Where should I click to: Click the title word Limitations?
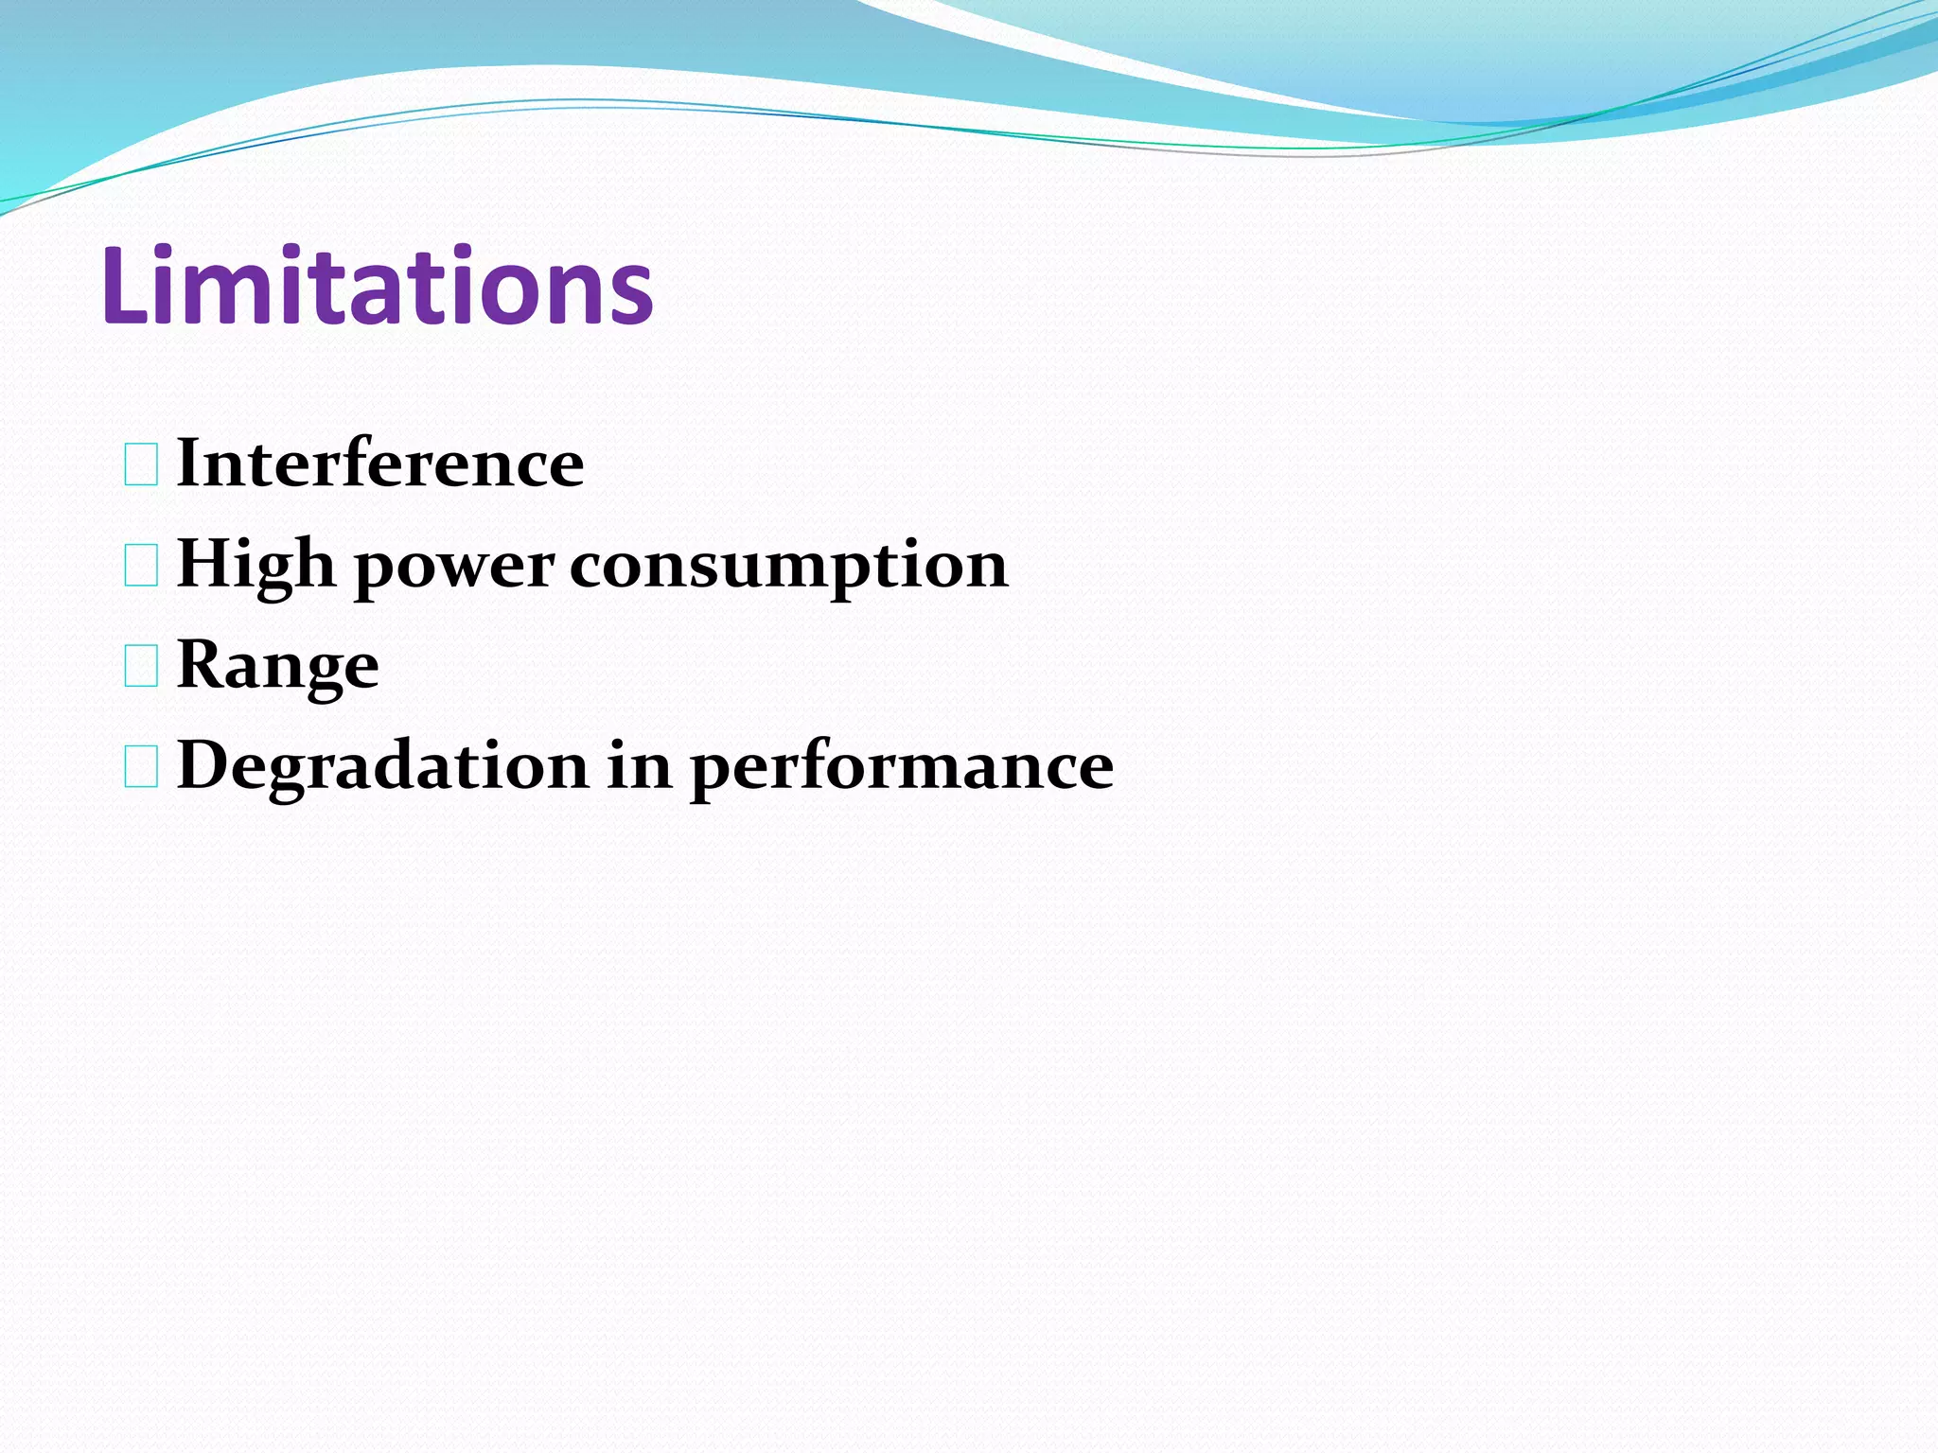click(377, 286)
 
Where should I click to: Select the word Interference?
click(380, 464)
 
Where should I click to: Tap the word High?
click(255, 565)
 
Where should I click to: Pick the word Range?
click(278, 666)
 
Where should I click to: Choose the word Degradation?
click(382, 766)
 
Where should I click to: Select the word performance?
click(902, 768)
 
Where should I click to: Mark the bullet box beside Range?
click(141, 667)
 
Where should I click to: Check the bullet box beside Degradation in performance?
click(141, 767)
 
